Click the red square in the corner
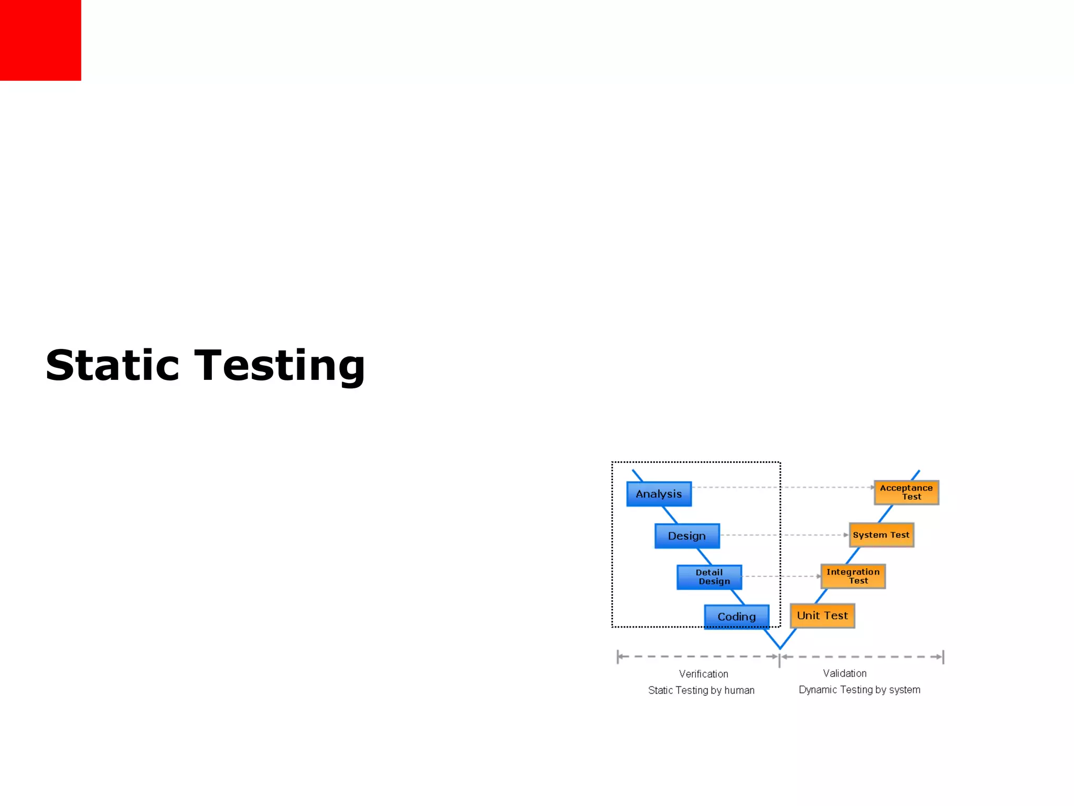click(x=40, y=40)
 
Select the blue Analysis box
click(x=659, y=494)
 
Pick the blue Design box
click(x=687, y=536)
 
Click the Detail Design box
click(x=709, y=577)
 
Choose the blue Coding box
click(x=736, y=617)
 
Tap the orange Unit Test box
click(x=822, y=616)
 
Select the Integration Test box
click(x=853, y=576)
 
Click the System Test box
click(x=881, y=535)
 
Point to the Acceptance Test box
click(x=906, y=492)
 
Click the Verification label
click(x=703, y=674)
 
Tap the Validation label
click(x=844, y=673)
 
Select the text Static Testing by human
click(x=701, y=690)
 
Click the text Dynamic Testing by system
click(x=859, y=690)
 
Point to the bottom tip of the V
click(x=780, y=648)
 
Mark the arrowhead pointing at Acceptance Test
click(x=872, y=487)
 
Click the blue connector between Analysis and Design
click(x=670, y=515)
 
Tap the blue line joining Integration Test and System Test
click(x=853, y=556)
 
